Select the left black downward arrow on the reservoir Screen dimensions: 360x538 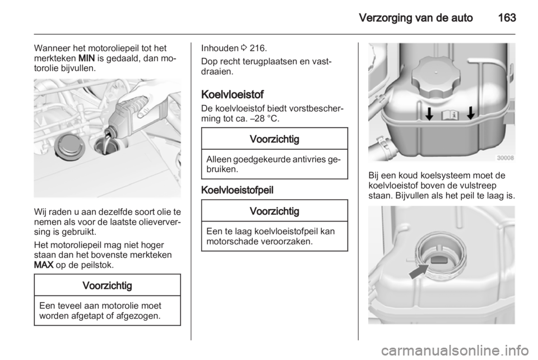429,114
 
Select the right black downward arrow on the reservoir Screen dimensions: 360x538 470,114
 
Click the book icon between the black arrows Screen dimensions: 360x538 449,116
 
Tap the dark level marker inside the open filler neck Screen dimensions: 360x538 436,259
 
